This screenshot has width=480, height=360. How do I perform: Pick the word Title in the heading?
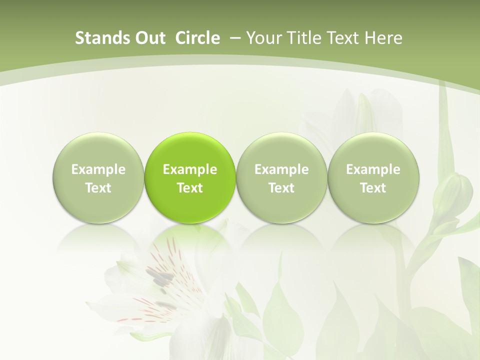pyautogui.click(x=301, y=38)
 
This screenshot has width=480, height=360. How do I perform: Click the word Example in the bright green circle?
pyautogui.click(x=190, y=170)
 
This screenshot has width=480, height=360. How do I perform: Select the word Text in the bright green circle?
pyautogui.click(x=190, y=188)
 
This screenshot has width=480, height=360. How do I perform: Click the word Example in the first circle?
pyautogui.click(x=98, y=170)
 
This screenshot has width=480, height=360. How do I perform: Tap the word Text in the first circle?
pyautogui.click(x=98, y=188)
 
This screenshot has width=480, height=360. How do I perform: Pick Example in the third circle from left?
pyautogui.click(x=281, y=170)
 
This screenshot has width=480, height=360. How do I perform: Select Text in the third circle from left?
pyautogui.click(x=281, y=188)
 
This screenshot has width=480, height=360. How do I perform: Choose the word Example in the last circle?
pyautogui.click(x=373, y=170)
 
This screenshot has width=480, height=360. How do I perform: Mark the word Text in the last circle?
pyautogui.click(x=373, y=188)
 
